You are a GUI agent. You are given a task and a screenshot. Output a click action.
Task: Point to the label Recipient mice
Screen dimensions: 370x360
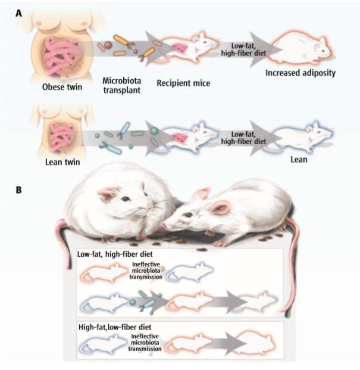point(184,83)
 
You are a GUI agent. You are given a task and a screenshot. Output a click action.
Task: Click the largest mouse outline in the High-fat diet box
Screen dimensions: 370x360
point(252,346)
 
